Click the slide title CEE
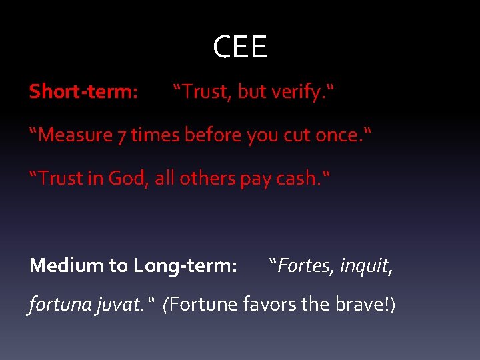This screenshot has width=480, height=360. [240, 47]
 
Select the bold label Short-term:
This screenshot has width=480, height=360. [83, 92]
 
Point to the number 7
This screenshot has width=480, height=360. [122, 136]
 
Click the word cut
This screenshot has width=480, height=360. [299, 135]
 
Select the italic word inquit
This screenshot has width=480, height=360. [366, 266]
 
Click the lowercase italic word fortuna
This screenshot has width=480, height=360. [56, 305]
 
